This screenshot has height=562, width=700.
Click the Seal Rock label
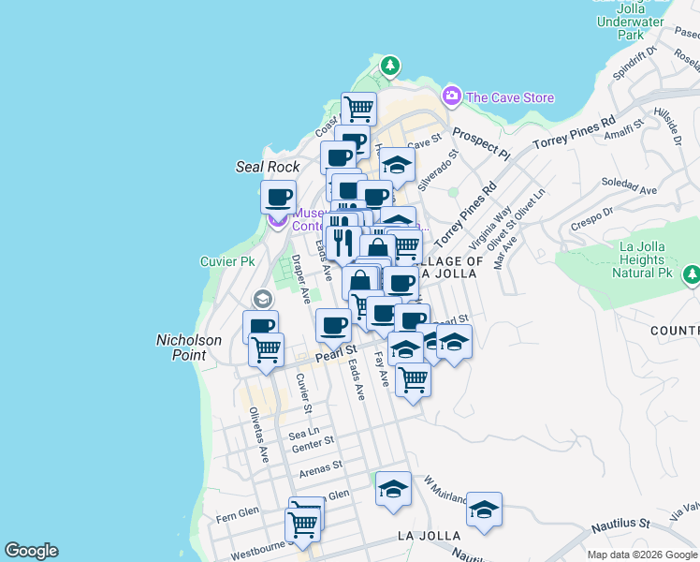pyautogui.click(x=268, y=167)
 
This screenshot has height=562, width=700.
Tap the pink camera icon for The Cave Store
pyautogui.click(x=452, y=96)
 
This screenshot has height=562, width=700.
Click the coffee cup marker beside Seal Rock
pyautogui.click(x=279, y=198)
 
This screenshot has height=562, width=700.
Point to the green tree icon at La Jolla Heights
pyautogui.click(x=691, y=274)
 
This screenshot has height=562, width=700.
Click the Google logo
pyautogui.click(x=31, y=551)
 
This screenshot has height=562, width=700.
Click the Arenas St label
pyautogui.click(x=321, y=464)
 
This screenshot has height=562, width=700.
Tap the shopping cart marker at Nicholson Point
pyautogui.click(x=267, y=349)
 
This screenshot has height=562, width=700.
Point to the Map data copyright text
pyautogui.click(x=642, y=555)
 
